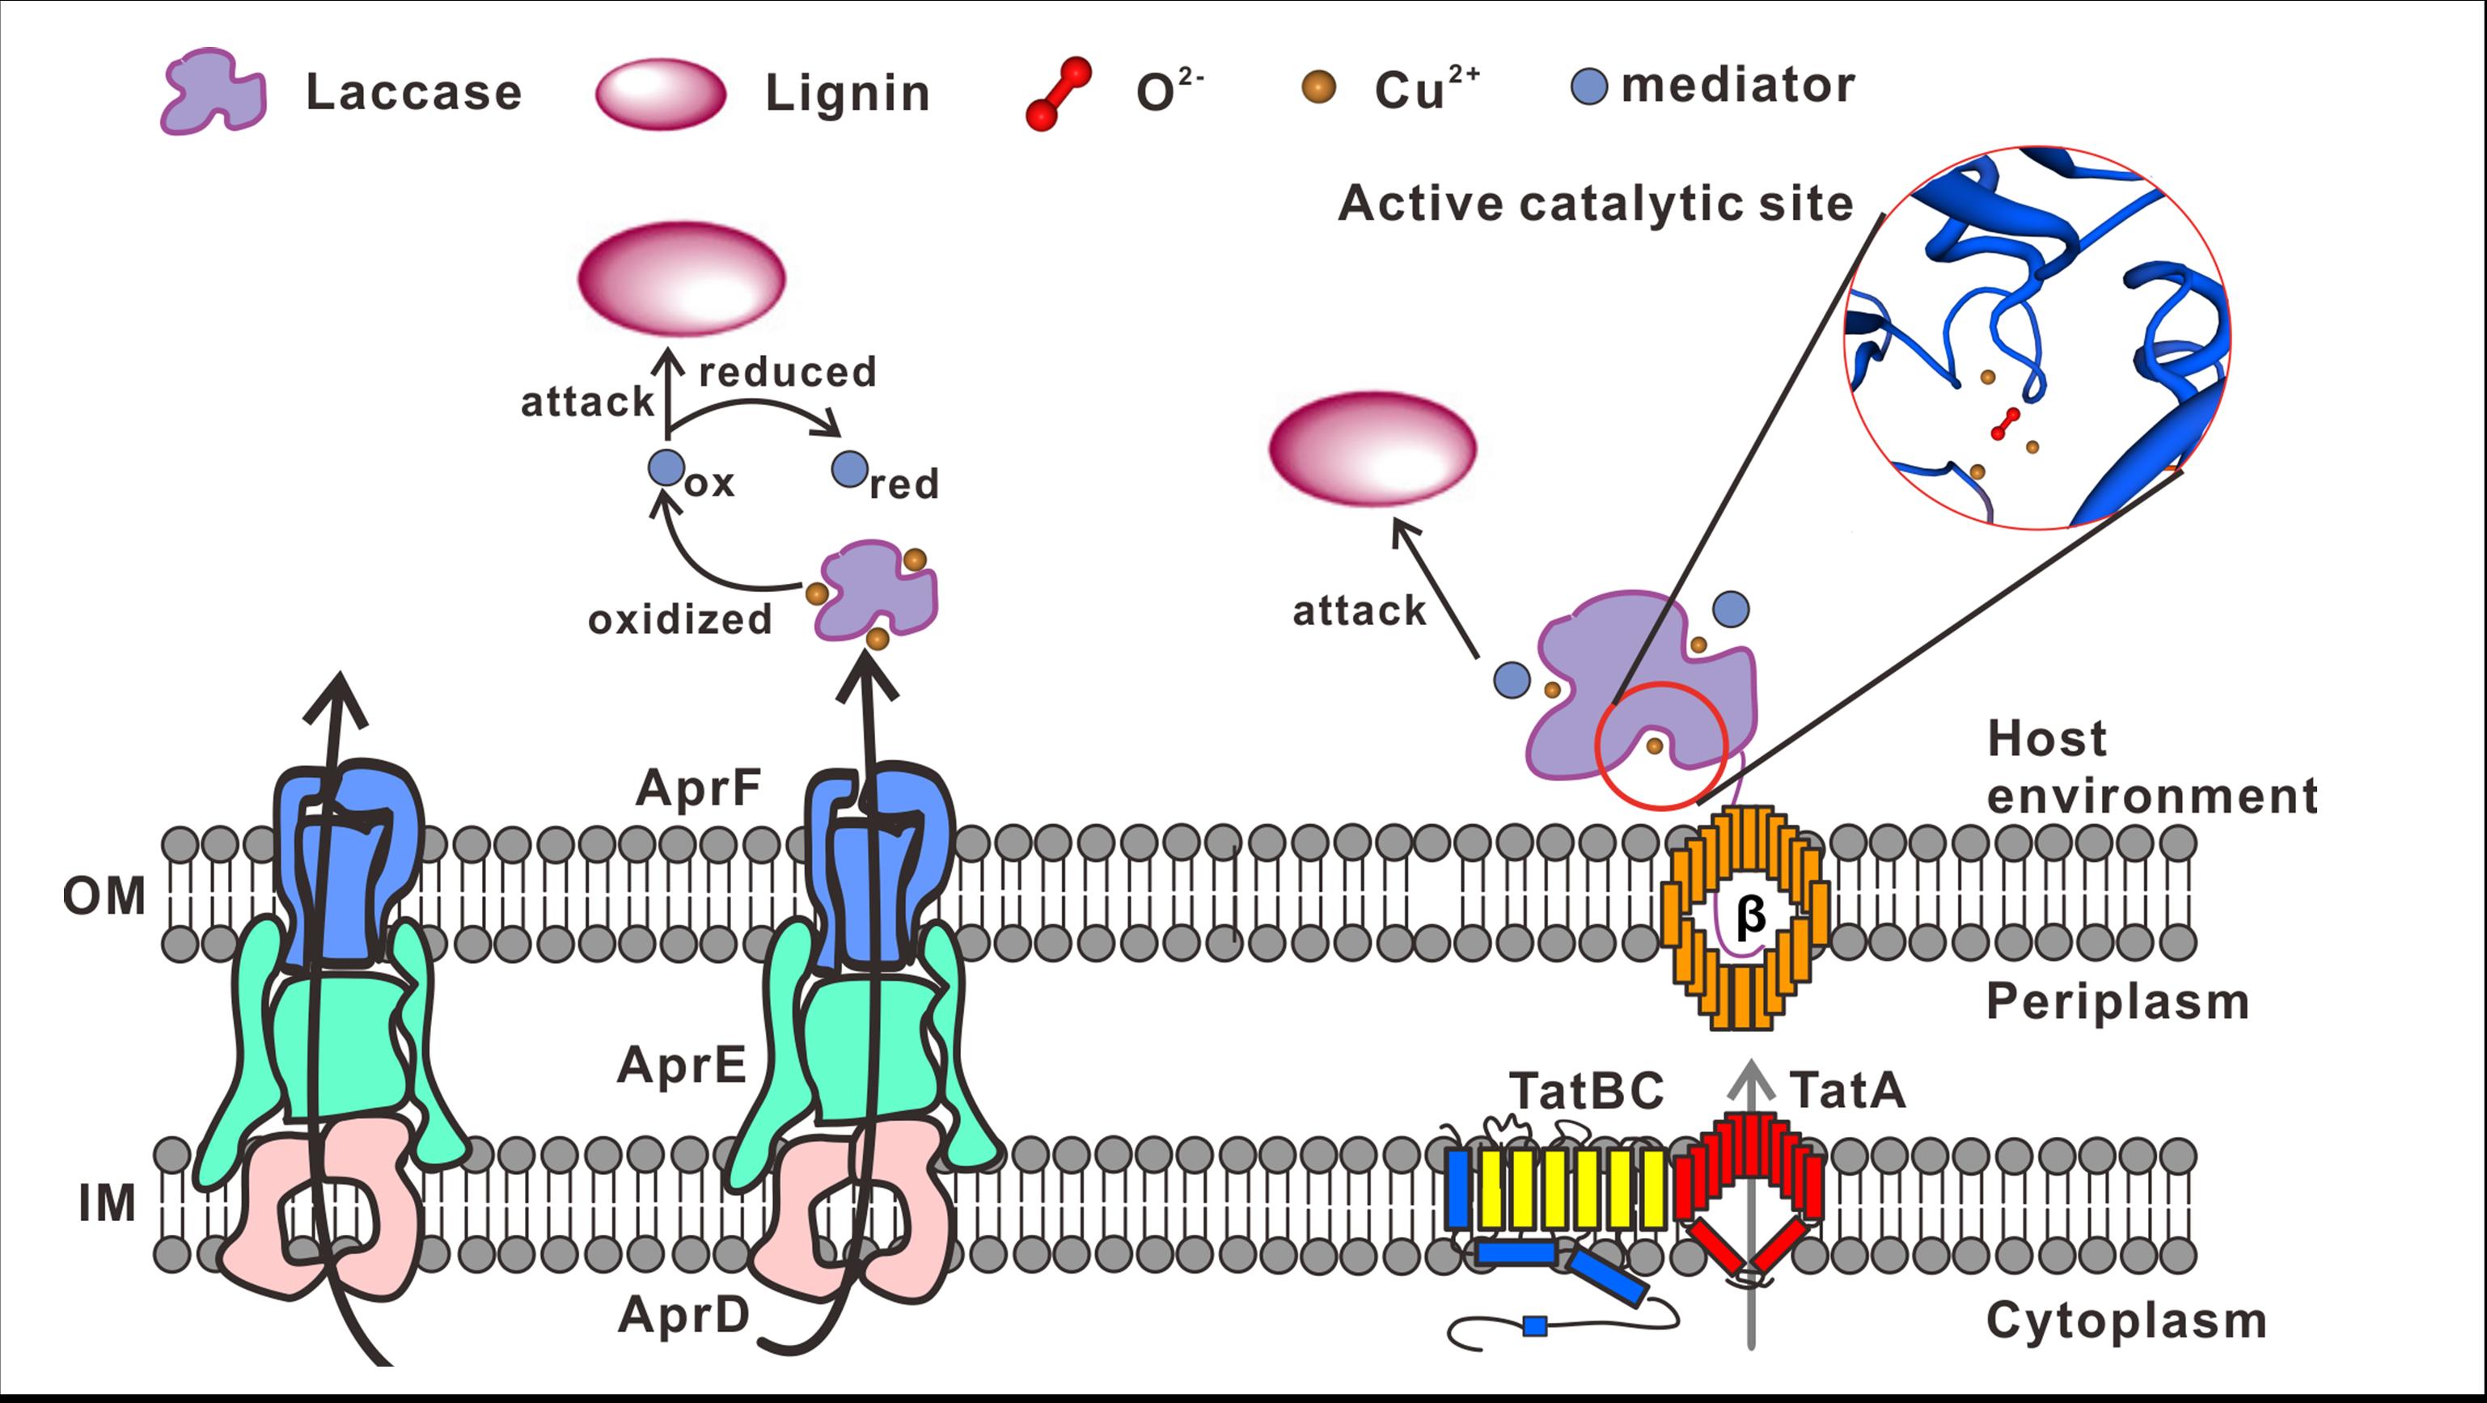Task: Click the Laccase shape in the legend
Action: pyautogui.click(x=214, y=93)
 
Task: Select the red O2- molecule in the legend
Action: pyautogui.click(x=1060, y=94)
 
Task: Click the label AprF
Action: pyautogui.click(x=698, y=788)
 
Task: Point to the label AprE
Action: pyautogui.click(x=682, y=1066)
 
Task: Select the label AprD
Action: pyautogui.click(x=684, y=1315)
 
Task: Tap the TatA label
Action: pyautogui.click(x=1848, y=1090)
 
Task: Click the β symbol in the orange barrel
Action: pyautogui.click(x=1750, y=915)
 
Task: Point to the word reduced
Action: pyautogui.click(x=788, y=372)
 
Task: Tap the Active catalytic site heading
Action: pyautogui.click(x=1595, y=204)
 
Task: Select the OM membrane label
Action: pyautogui.click(x=104, y=896)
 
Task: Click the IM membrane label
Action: pyautogui.click(x=108, y=1203)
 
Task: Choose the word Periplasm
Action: pyautogui.click(x=2117, y=1001)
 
